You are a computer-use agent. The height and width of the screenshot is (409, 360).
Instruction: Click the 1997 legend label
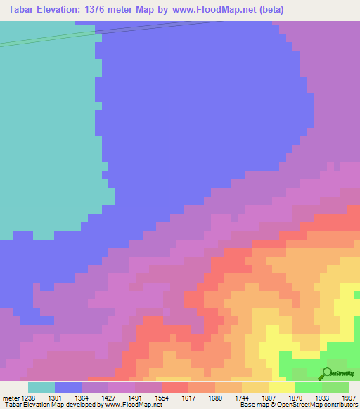coord(349,397)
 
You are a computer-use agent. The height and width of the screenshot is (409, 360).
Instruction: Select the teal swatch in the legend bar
coord(41,387)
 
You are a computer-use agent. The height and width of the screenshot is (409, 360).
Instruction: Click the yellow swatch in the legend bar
coord(281,387)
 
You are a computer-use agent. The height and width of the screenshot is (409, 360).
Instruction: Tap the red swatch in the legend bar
coord(175,387)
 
